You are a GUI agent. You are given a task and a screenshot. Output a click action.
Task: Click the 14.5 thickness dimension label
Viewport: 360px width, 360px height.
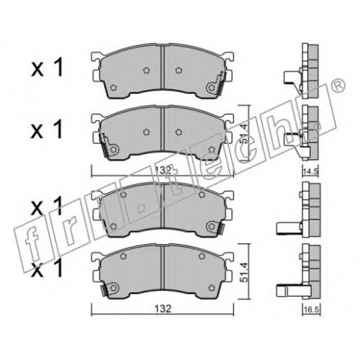coord(310,172)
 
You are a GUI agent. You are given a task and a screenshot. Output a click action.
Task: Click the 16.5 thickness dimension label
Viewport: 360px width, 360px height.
coord(311,310)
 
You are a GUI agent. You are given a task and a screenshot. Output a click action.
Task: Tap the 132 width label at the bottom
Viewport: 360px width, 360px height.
coord(163,309)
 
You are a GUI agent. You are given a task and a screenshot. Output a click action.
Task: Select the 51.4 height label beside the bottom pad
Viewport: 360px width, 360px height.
coord(244,272)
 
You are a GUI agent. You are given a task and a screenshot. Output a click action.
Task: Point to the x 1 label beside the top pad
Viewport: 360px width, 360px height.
coord(47,68)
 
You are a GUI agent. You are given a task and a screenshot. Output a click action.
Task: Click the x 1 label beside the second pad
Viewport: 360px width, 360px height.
coord(47,130)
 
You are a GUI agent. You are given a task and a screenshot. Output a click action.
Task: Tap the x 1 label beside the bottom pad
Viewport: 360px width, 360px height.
coord(47,269)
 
